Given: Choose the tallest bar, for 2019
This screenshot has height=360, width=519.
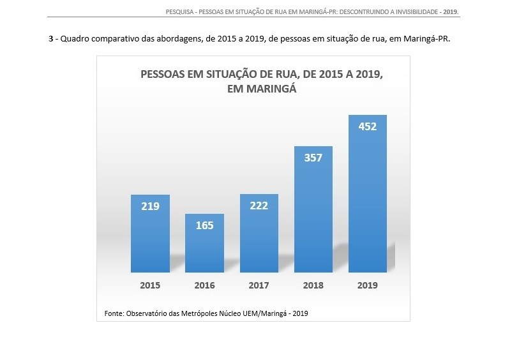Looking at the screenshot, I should click(x=367, y=198).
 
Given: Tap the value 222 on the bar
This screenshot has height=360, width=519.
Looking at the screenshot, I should click(x=259, y=205).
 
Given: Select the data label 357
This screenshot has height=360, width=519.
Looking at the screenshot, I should click(x=313, y=158).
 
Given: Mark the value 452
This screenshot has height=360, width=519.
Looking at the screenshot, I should click(x=367, y=126).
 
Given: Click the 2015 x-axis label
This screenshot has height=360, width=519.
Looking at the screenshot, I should click(x=150, y=285).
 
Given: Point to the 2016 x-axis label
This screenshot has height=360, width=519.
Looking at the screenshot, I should click(x=204, y=285).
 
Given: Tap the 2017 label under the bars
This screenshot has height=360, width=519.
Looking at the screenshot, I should click(x=259, y=285).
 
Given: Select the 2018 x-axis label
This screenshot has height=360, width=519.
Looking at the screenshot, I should click(x=313, y=285).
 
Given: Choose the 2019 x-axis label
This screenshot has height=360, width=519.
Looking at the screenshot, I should click(x=367, y=285).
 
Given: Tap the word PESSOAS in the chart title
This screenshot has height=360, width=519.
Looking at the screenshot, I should click(x=165, y=75).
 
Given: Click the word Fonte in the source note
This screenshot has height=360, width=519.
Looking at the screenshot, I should click(x=114, y=313).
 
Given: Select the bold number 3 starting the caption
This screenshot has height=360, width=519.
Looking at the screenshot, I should click(x=50, y=39).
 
